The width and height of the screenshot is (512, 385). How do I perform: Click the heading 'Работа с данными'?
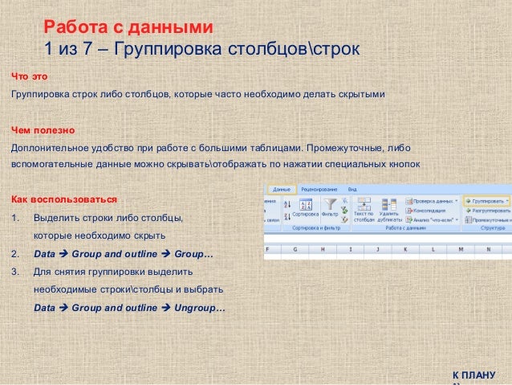pyautogui.click(x=128, y=28)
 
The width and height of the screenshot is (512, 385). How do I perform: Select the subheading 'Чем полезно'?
pyautogui.click(x=42, y=129)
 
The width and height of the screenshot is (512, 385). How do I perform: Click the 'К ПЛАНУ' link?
pyautogui.click(x=473, y=375)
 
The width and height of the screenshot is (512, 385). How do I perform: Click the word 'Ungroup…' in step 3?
pyautogui.click(x=200, y=308)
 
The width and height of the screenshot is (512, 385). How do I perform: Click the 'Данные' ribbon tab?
pyautogui.click(x=282, y=188)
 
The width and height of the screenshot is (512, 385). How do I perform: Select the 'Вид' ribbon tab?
pyautogui.click(x=351, y=188)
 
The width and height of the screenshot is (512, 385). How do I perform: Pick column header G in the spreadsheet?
pyautogui.click(x=295, y=249)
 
